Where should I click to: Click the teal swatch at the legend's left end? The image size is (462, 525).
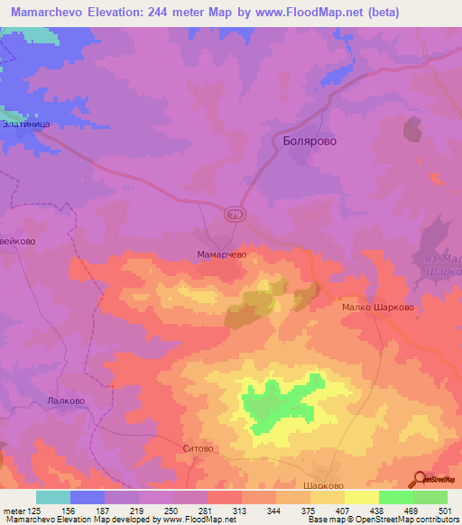(x=53, y=497)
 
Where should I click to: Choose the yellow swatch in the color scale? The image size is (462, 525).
(x=362, y=497)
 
